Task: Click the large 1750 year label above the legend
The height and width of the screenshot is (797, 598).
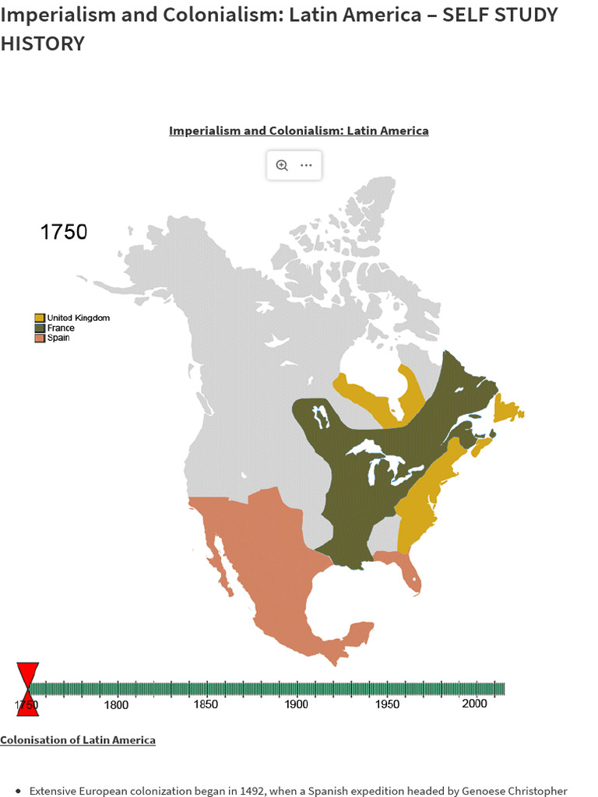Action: click(64, 232)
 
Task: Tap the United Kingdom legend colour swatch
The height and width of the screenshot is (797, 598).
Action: click(40, 318)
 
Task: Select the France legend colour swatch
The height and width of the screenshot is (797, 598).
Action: click(40, 328)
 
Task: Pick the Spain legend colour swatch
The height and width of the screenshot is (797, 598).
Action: click(40, 338)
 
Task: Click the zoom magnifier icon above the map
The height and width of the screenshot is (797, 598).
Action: click(282, 165)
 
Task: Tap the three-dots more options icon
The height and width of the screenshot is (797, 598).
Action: click(306, 165)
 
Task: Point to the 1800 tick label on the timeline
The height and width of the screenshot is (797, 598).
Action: click(117, 704)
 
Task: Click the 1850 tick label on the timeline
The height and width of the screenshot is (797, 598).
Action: click(206, 704)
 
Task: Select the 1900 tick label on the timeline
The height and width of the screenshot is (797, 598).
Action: click(297, 704)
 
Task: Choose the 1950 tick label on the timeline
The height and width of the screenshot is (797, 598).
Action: click(387, 704)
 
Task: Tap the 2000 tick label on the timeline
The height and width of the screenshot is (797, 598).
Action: click(474, 704)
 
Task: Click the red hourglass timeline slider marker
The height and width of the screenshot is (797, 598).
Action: click(27, 688)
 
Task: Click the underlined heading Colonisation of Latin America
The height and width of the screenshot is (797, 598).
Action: click(78, 739)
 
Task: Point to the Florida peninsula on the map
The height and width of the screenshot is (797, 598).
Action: click(410, 576)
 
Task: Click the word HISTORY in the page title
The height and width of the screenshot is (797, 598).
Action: click(42, 44)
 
